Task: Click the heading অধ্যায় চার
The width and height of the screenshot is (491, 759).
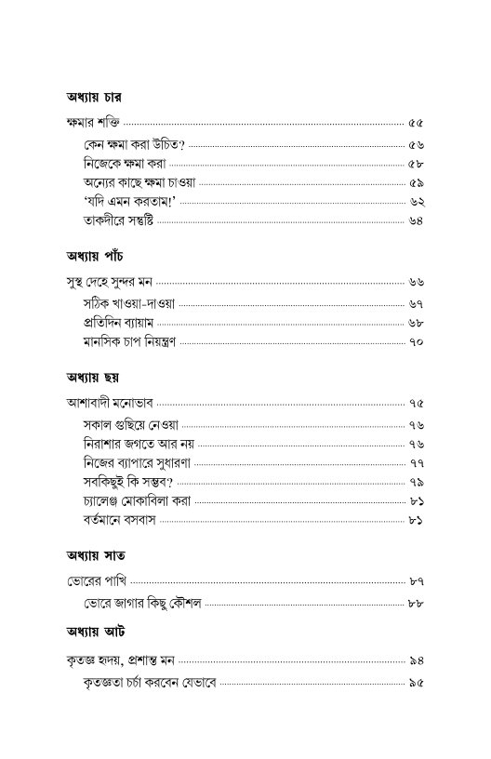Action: (x=96, y=96)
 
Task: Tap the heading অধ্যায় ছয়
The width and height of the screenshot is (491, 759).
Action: (x=95, y=375)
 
